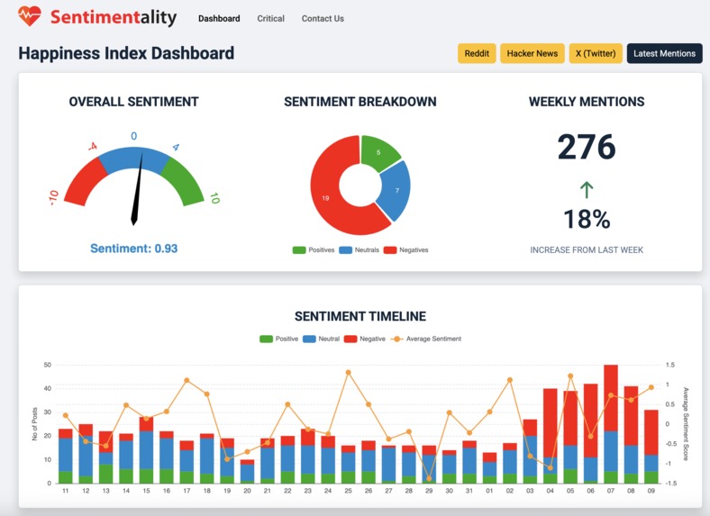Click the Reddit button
coord(477,53)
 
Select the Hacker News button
coord(532,53)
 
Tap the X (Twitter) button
coord(596,53)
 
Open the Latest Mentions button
coord(664,53)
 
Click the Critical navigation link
coord(270,18)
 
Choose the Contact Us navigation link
coord(323,18)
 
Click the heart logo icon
coord(30,17)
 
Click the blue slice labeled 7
coord(395,190)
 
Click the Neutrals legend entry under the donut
coord(357,249)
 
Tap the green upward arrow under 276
coord(587,189)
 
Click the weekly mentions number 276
coord(587,147)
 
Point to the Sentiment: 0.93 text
coord(134,248)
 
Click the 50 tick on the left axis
coord(47,365)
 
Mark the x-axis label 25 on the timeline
coord(348,491)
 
